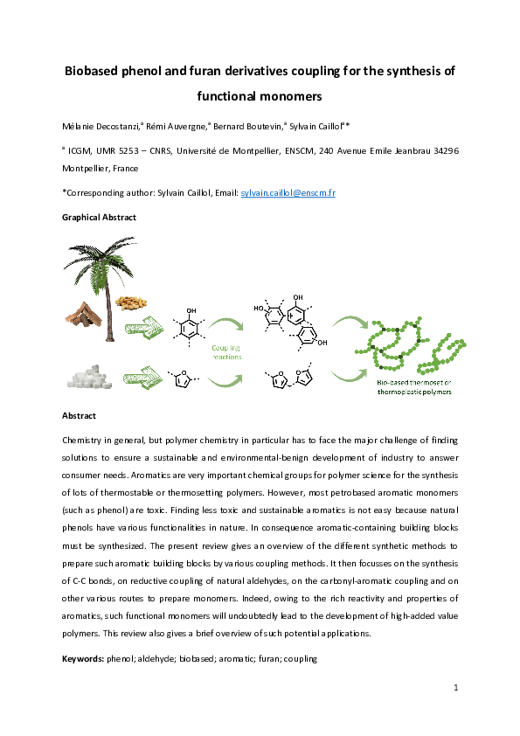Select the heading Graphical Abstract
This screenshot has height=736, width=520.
tap(99, 217)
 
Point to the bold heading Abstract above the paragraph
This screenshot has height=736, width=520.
tap(79, 415)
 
